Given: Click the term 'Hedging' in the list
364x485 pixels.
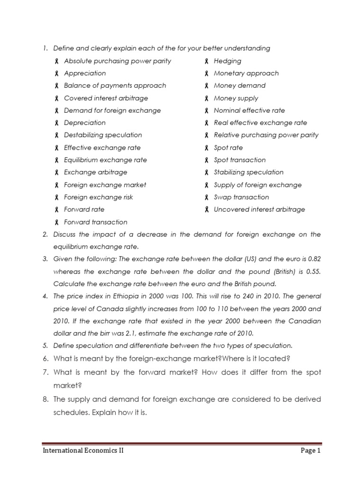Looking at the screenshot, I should (x=227, y=61).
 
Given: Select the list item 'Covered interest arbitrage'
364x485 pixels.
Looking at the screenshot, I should (x=106, y=98).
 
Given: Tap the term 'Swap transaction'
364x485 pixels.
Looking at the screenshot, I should (x=241, y=197).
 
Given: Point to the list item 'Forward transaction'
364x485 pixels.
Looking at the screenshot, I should (x=95, y=222).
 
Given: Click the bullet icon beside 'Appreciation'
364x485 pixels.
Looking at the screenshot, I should (x=56, y=73).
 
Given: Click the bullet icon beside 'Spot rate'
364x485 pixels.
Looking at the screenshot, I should (x=207, y=148).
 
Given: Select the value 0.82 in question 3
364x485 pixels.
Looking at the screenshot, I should (x=314, y=259).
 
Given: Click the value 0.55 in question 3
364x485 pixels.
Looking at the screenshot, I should (x=313, y=271).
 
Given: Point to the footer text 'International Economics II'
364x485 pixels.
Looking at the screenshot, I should (x=83, y=451).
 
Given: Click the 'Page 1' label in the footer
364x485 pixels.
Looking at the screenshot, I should (x=310, y=451).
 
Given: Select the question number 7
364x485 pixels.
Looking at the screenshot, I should (x=45, y=372).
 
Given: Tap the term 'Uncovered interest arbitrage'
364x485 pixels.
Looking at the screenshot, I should (x=259, y=209).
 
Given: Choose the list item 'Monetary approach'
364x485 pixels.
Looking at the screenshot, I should (x=246, y=73).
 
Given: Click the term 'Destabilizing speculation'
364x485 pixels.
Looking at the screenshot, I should (x=103, y=135).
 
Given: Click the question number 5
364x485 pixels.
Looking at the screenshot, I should (x=45, y=345).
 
